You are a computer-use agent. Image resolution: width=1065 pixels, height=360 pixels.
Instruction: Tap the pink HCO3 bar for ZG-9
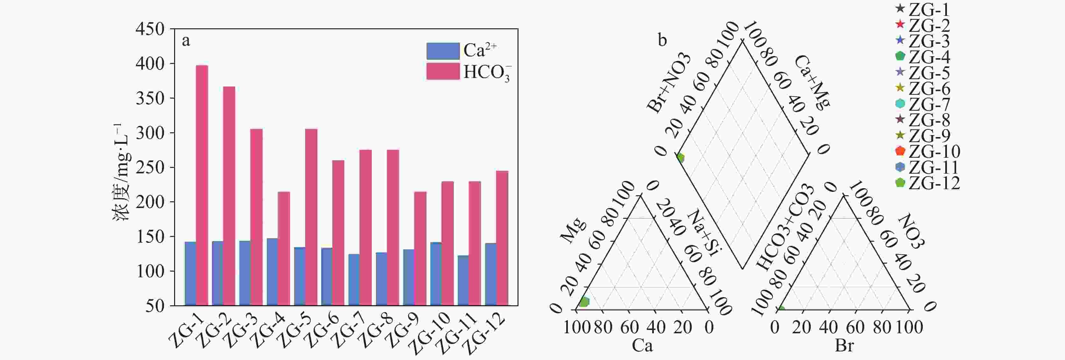pyautogui.click(x=420, y=248)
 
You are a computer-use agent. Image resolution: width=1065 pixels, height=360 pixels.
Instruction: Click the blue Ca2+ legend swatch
pyautogui.click(x=443, y=51)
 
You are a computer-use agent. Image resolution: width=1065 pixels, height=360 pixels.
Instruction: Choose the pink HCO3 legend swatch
pyautogui.click(x=443, y=71)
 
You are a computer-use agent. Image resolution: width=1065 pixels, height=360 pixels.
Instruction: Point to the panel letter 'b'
pyautogui.click(x=662, y=40)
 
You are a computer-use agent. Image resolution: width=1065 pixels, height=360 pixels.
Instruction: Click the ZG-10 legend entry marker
pyautogui.click(x=900, y=151)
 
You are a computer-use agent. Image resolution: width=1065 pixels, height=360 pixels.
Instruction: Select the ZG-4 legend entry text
pyautogui.click(x=929, y=57)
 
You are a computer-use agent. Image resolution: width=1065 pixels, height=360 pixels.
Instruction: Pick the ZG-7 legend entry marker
pyautogui.click(x=900, y=104)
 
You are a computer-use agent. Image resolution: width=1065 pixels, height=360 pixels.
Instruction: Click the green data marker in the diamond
pyautogui.click(x=680, y=157)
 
